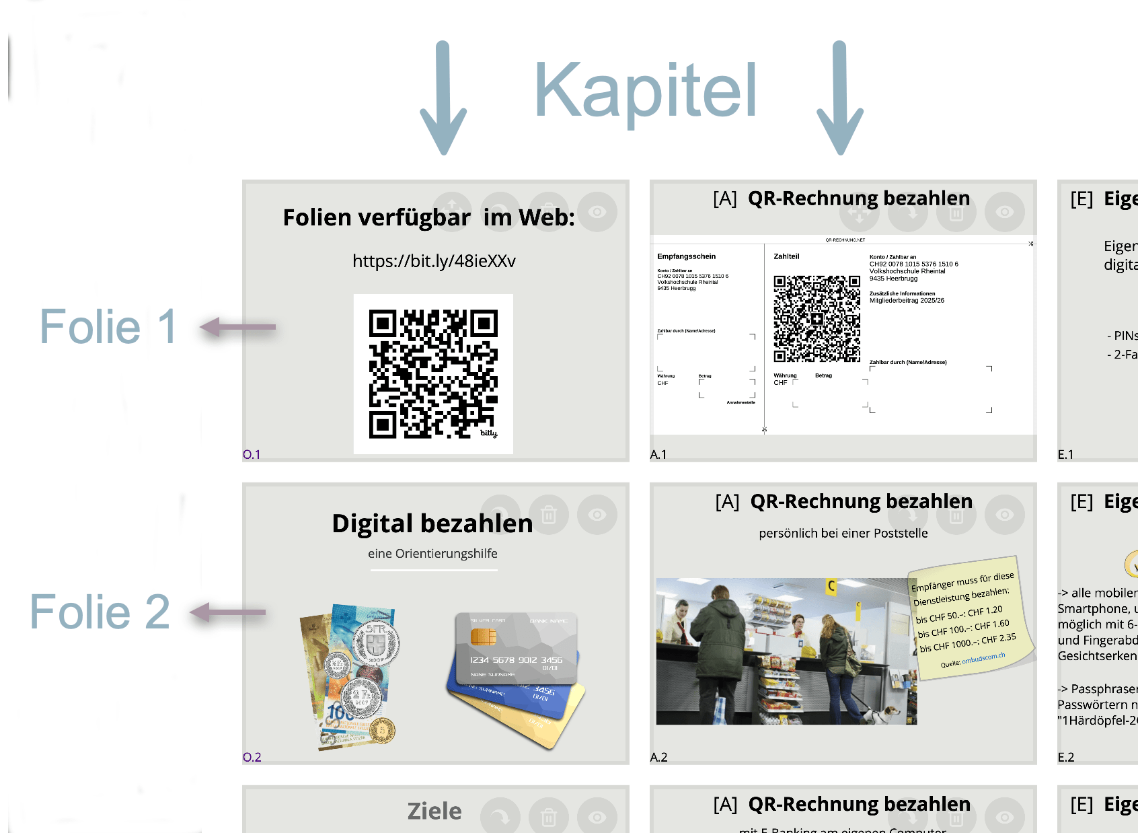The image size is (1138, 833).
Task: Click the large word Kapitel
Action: (645, 91)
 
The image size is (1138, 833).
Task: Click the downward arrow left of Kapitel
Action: (443, 98)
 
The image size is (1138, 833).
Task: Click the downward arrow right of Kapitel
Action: (839, 98)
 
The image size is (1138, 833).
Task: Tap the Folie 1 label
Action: (108, 327)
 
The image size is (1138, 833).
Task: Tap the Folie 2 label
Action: (100, 612)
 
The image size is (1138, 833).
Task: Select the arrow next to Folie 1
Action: (238, 327)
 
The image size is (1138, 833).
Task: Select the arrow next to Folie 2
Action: (228, 612)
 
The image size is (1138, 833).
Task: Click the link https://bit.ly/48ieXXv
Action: (434, 261)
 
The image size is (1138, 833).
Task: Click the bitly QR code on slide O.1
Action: (433, 373)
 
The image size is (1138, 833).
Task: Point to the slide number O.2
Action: (252, 757)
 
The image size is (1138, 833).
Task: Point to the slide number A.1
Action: (658, 455)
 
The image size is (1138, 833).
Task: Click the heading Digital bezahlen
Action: (432, 523)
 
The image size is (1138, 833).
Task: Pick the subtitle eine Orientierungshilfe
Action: (432, 553)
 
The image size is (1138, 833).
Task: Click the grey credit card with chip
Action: (515, 647)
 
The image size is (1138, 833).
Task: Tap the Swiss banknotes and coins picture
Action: (350, 676)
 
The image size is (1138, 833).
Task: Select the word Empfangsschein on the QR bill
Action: (686, 256)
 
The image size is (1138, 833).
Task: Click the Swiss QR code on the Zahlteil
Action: (817, 319)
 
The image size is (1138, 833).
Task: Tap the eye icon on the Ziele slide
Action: (597, 817)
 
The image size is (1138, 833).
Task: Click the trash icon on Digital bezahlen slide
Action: (549, 515)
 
